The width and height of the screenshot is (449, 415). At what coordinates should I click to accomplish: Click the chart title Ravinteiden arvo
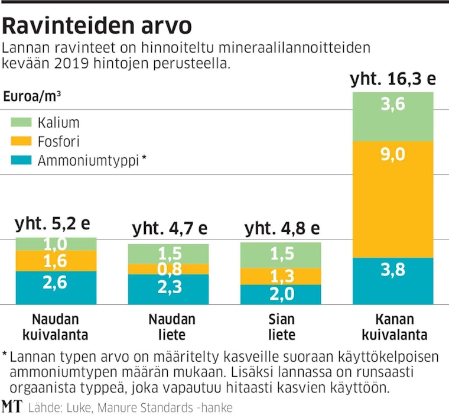pyautogui.click(x=97, y=26)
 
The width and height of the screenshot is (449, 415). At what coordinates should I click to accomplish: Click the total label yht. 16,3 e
pyautogui.click(x=392, y=80)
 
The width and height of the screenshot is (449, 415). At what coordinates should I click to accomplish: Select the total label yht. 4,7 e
pyautogui.click(x=168, y=229)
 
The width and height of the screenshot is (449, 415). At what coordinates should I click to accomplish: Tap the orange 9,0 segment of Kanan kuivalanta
pyautogui.click(x=393, y=200)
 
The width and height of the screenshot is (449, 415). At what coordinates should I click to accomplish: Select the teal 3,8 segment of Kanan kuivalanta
pyautogui.click(x=393, y=281)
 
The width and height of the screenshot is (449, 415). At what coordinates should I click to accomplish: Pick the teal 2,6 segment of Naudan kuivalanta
pyautogui.click(x=56, y=288)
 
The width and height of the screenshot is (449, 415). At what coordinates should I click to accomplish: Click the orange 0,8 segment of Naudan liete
pyautogui.click(x=168, y=269)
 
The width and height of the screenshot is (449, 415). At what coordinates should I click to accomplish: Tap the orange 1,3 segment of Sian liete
pyautogui.click(x=281, y=276)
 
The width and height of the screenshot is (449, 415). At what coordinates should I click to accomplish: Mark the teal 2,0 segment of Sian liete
pyautogui.click(x=281, y=294)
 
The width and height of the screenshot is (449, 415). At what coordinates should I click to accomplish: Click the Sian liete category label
pyautogui.click(x=281, y=328)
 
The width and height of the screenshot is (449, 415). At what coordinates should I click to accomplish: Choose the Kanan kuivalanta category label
pyautogui.click(x=393, y=328)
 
